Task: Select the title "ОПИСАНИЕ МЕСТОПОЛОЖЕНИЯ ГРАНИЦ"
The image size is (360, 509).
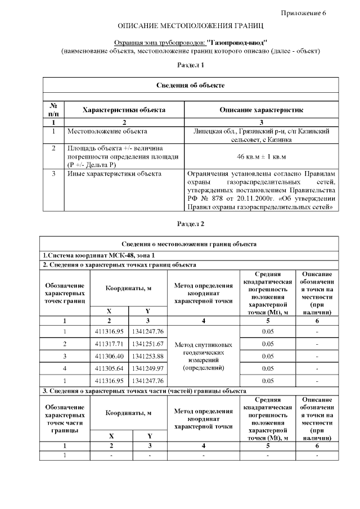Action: [x=190, y=26]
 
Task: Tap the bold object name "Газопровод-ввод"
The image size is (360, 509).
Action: [x=237, y=42]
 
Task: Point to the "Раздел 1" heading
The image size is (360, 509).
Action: [x=191, y=65]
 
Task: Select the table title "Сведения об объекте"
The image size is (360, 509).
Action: [x=191, y=85]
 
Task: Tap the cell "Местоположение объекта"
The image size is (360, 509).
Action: [x=107, y=131]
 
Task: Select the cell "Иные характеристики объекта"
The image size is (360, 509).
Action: [x=114, y=174]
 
